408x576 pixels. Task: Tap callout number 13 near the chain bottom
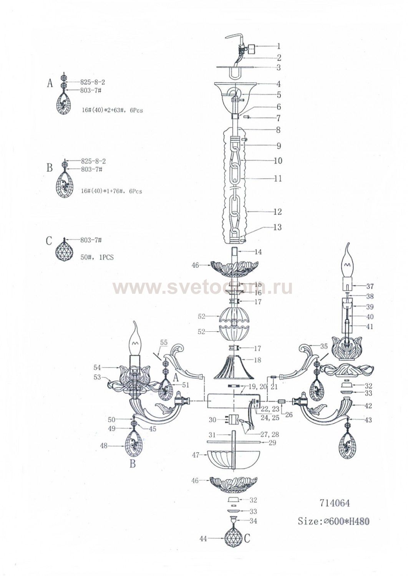277,227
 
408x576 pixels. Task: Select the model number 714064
334,503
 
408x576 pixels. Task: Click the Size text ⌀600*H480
333,521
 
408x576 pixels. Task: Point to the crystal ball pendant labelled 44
234,539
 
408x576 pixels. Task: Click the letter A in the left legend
50,83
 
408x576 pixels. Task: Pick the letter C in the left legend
49,241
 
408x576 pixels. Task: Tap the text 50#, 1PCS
97,257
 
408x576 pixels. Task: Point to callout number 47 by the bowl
196,455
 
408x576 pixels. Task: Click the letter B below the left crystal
132,464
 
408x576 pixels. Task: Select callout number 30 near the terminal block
212,420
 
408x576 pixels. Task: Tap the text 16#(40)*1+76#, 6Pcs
111,191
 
